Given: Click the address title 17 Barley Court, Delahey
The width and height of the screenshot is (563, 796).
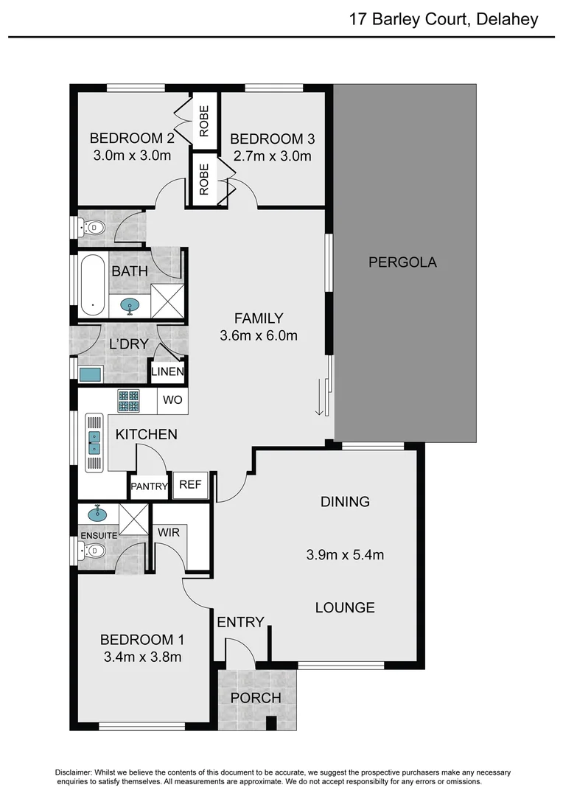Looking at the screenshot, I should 443,19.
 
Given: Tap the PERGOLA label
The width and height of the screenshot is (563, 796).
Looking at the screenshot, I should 402,262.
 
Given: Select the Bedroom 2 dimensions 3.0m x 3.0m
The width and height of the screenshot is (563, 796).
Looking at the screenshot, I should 132,156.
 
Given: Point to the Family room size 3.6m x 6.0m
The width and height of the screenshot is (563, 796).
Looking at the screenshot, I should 258,336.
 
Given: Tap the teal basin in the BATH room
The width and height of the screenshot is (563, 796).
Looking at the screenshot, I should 130,306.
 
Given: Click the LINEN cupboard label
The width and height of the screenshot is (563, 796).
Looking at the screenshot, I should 167,371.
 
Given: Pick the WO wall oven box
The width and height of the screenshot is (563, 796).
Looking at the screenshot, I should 172,401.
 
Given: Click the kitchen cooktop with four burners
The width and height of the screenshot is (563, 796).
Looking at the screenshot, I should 128,400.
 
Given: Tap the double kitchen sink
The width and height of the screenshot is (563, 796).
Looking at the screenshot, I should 94,442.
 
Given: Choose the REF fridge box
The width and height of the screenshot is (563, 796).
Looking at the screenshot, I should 190,485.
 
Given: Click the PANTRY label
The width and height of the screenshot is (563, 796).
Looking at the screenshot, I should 149,486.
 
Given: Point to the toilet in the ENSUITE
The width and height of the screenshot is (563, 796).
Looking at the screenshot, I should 92,551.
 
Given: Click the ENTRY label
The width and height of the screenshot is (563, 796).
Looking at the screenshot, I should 240,622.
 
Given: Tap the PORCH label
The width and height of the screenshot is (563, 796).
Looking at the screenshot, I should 256,697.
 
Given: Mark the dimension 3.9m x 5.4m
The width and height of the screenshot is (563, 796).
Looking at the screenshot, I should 345,555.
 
